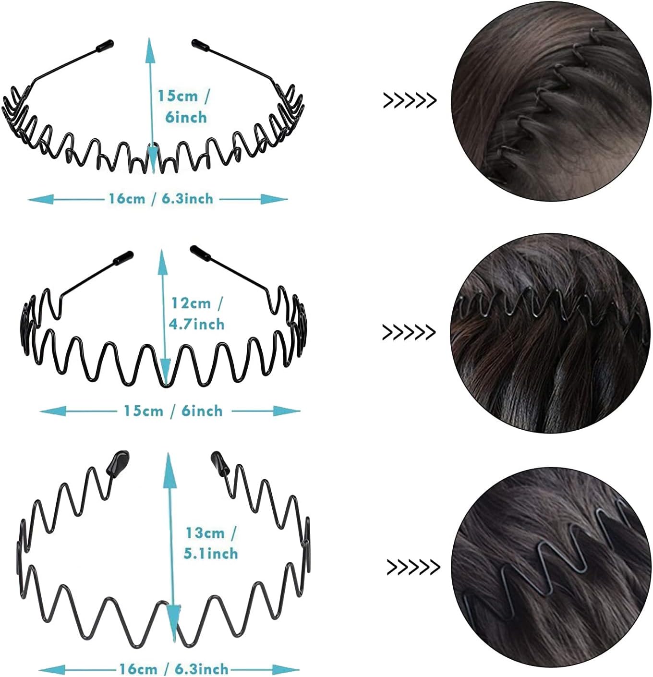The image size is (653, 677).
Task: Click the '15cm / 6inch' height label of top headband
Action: pyautogui.click(x=183, y=107)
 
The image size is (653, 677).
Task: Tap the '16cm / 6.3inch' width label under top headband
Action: pyautogui.click(x=161, y=198)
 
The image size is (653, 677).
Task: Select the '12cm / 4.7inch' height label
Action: pyautogui.click(x=197, y=314)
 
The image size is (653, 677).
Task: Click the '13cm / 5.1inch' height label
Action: pyautogui.click(x=211, y=543)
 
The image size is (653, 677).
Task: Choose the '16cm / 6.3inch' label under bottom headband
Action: pyautogui.click(x=174, y=668)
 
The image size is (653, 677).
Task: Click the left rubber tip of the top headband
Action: pyautogui.click(x=104, y=46)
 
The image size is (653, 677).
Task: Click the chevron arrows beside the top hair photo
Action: pyautogui.click(x=410, y=101)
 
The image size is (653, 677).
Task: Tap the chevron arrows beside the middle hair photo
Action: pyautogui.click(x=409, y=332)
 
